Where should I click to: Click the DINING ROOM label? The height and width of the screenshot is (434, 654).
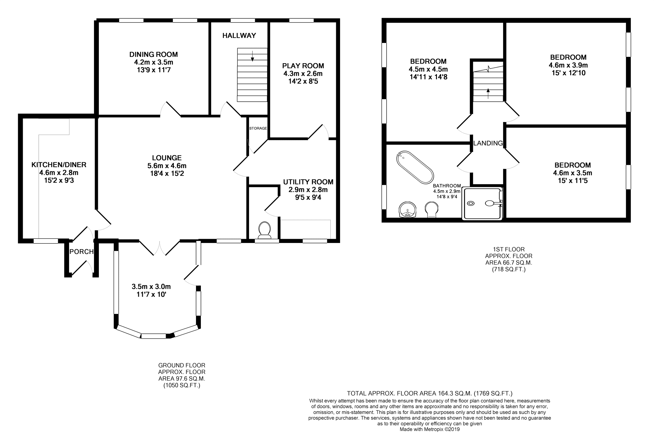click(153, 55)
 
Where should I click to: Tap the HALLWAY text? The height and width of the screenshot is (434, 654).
click(239, 36)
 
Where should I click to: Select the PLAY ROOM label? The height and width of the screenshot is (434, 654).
click(303, 66)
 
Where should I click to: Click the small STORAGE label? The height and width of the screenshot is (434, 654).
click(258, 128)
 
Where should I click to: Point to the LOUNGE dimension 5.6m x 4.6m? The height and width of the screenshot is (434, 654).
click(167, 166)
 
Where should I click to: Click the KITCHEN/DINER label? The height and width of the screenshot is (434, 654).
click(59, 165)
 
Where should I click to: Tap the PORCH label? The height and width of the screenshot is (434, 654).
click(81, 252)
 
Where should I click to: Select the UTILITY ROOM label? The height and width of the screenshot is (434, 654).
click(308, 182)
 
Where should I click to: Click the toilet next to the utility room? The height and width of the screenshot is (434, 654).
click(265, 229)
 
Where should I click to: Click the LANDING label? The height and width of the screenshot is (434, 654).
click(488, 143)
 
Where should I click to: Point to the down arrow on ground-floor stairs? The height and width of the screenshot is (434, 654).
click(252, 56)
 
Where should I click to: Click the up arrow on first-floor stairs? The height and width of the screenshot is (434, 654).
click(488, 93)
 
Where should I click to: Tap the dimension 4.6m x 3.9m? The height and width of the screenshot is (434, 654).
click(568, 65)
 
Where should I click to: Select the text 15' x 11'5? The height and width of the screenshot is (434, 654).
click(572, 181)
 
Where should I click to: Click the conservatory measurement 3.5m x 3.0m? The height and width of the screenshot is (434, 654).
click(151, 287)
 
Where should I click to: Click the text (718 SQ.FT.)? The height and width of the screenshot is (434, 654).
click(509, 269)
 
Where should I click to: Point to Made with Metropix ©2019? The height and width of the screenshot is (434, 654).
click(430, 429)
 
